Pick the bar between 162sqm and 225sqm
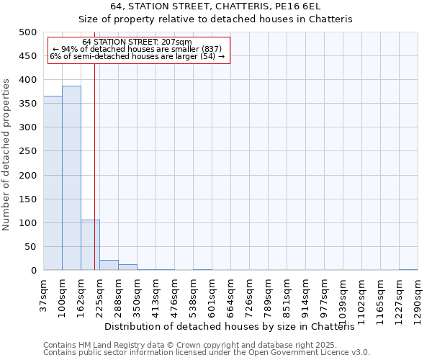click(90, 245)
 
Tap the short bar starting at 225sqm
click(109, 265)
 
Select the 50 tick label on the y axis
click(30, 247)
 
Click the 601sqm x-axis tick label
click(212, 294)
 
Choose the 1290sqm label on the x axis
click(418, 297)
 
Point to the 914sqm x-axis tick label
click(306, 294)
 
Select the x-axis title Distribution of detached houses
click(235, 326)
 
